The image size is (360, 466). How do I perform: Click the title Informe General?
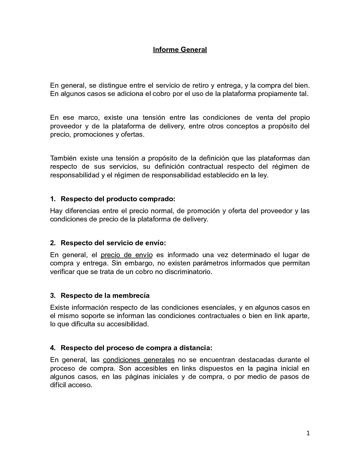[180, 50]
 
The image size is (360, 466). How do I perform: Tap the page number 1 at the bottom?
[308, 433]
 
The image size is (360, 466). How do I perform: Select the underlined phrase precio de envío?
[126, 255]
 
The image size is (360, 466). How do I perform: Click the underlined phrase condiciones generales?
[139, 360]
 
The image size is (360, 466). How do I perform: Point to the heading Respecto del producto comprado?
[117, 199]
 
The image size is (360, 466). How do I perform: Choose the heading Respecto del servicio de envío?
[113, 243]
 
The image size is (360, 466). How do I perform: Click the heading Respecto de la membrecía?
[105, 295]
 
